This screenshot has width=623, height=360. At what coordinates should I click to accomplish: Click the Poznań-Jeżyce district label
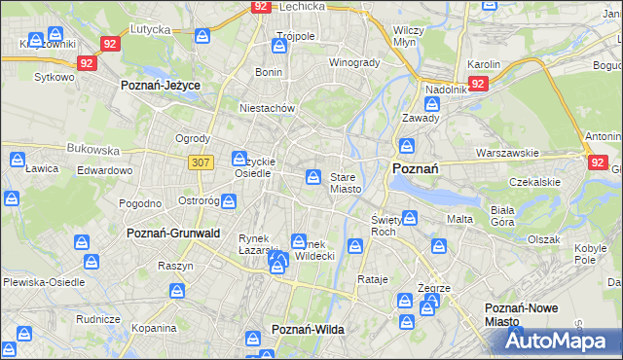[160, 86]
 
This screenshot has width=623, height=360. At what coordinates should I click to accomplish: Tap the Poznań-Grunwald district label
[173, 234]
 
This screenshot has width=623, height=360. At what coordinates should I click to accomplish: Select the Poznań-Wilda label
[308, 330]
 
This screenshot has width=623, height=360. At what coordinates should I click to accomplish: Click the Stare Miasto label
[346, 183]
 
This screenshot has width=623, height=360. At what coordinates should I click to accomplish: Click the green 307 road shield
[201, 162]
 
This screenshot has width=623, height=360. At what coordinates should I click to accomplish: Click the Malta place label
[459, 219]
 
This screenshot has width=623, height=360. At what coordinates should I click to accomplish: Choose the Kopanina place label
[154, 328]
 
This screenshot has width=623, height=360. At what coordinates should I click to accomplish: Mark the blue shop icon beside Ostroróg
[228, 201]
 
